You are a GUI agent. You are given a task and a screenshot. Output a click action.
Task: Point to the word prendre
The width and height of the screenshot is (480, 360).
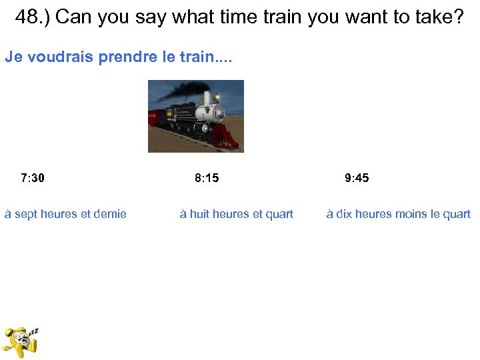[129, 57]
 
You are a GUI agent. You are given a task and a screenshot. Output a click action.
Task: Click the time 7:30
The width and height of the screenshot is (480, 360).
[33, 178]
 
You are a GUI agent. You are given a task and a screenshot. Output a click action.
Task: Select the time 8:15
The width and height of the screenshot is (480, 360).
[207, 178]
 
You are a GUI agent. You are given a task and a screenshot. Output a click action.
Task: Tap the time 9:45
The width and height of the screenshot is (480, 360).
[357, 178]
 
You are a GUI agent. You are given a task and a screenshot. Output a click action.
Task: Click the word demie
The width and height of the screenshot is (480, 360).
[110, 214]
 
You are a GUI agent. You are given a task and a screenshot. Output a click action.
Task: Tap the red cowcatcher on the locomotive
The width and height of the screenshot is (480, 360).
[227, 138]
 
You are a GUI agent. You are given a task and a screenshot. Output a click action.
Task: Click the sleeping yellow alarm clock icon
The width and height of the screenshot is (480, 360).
[20, 341]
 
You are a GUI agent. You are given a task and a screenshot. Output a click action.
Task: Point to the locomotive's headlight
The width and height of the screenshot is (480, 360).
[217, 99]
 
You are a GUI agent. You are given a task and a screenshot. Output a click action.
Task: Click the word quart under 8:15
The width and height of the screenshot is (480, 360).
[278, 214]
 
